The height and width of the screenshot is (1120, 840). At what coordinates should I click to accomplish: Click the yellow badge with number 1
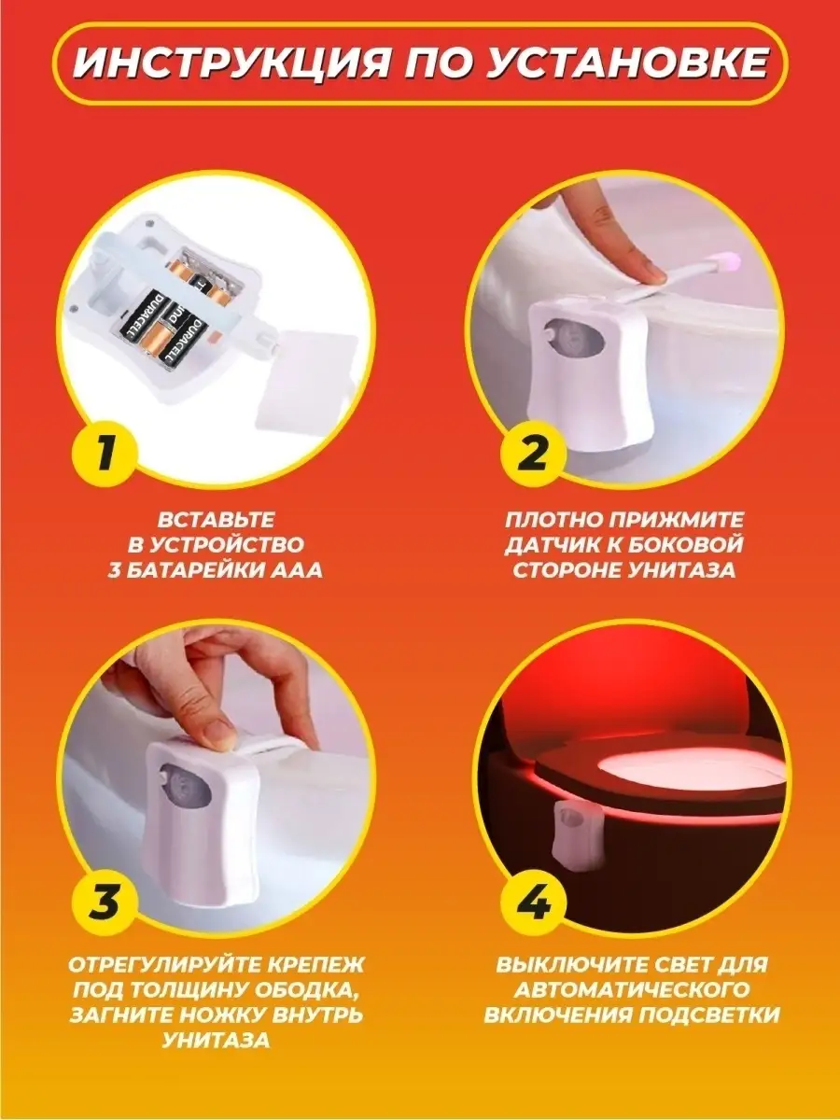(105, 451)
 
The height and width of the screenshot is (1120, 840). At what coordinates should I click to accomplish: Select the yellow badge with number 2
(534, 451)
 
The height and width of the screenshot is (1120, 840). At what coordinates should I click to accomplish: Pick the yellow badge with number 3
(105, 903)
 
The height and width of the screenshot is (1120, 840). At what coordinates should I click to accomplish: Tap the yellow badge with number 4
(534, 903)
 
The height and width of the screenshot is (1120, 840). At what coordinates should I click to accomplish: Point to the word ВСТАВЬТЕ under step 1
(216, 520)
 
